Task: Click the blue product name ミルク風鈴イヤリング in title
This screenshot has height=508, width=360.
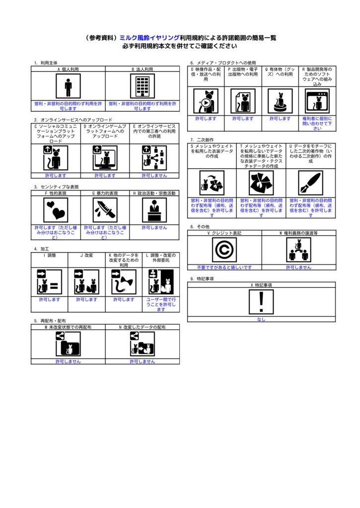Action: pyautogui.click(x=149, y=38)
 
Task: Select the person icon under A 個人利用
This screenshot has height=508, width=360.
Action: pyautogui.click(x=68, y=87)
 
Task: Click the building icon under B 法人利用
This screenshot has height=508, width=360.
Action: pyautogui.click(x=142, y=87)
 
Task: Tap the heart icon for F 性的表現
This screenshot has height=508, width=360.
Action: pyautogui.click(x=56, y=210)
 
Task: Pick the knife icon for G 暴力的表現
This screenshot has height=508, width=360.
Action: pyautogui.click(x=105, y=210)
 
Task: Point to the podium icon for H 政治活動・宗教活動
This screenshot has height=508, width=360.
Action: pyautogui.click(x=154, y=210)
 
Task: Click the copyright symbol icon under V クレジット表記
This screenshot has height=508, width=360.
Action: pyautogui.click(x=224, y=250)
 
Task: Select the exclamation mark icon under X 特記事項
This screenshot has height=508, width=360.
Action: pyautogui.click(x=261, y=302)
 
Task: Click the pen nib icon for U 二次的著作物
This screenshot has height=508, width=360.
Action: pyautogui.click(x=310, y=183)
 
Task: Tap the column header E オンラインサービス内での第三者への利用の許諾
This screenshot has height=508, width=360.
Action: pyautogui.click(x=154, y=131)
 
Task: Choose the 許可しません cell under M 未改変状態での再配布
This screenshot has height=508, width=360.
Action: pyautogui.click(x=68, y=362)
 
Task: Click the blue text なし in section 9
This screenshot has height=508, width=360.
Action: pyautogui.click(x=261, y=319)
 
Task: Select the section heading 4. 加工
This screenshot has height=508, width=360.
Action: pyautogui.click(x=41, y=249)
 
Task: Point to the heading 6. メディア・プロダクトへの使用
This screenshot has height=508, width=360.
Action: pyautogui.click(x=223, y=63)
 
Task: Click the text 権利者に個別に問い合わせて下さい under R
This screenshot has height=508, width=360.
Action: pyautogui.click(x=317, y=124)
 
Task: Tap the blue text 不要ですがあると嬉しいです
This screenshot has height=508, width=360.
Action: pyautogui.click(x=224, y=267)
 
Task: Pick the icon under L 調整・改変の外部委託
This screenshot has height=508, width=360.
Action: pyautogui.click(x=160, y=282)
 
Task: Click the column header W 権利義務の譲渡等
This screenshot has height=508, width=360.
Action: pyautogui.click(x=298, y=233)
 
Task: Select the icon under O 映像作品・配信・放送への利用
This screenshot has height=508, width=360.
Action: pyautogui.click(x=206, y=101)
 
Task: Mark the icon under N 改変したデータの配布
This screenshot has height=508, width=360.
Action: pyautogui.click(x=142, y=343)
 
